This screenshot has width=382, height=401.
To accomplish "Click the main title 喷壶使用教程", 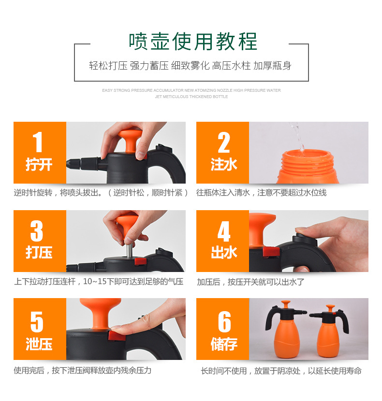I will pos(193,42).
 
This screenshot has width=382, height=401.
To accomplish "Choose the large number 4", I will pos(223,231).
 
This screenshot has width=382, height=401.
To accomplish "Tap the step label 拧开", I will pos(39,165).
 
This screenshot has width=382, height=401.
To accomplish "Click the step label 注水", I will pos(223,165).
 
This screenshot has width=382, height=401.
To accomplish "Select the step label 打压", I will pos(39,253).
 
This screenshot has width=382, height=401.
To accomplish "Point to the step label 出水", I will pos(223,253).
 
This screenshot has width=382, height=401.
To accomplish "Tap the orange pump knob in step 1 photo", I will pos(130,140).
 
